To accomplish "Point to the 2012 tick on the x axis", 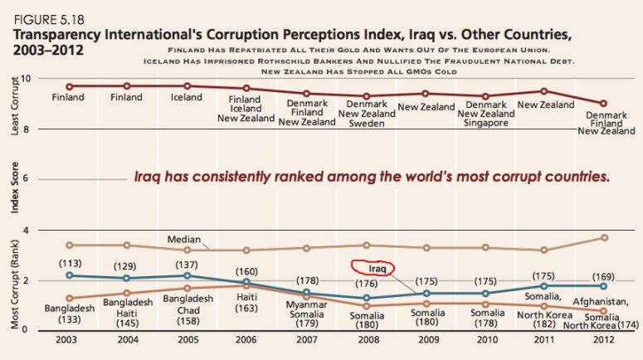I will [605, 341].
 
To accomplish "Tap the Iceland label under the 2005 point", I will [187, 97].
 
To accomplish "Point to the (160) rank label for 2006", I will [246, 271].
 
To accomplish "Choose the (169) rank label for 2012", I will [605, 275].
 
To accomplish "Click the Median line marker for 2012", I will [605, 238].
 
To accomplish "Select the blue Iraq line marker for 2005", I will [188, 275].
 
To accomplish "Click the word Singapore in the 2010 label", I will [486, 123].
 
